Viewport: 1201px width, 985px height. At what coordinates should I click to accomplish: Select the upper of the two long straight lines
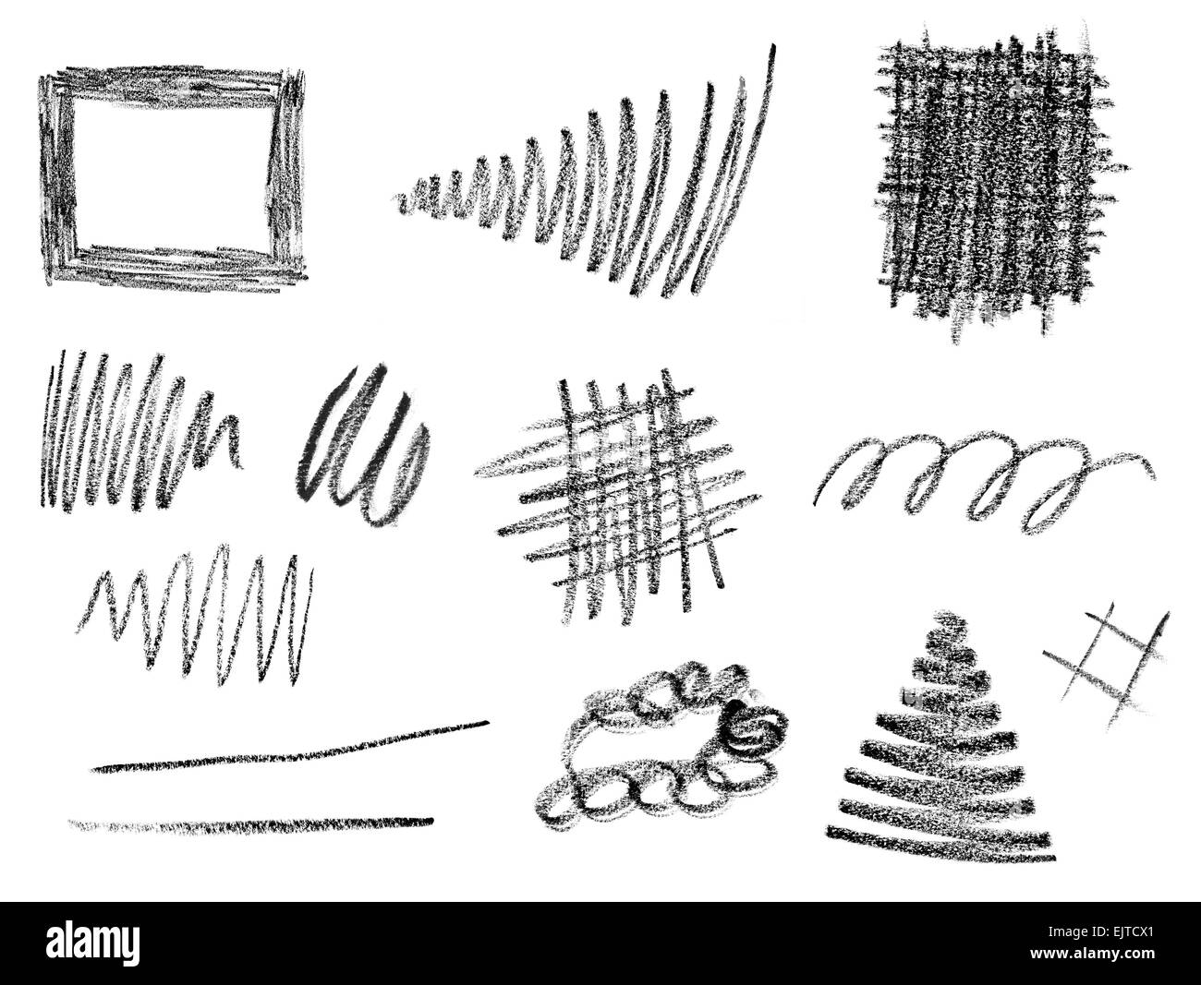coord(291,746)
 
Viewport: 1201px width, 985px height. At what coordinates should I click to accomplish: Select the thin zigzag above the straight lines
coord(199,614)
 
